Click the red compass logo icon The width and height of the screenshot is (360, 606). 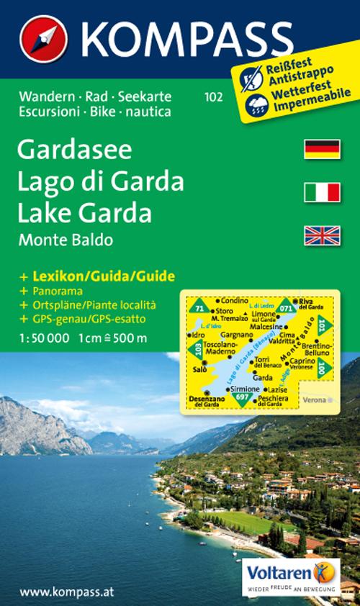click(x=43, y=37)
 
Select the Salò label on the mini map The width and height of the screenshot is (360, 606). click(x=199, y=369)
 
